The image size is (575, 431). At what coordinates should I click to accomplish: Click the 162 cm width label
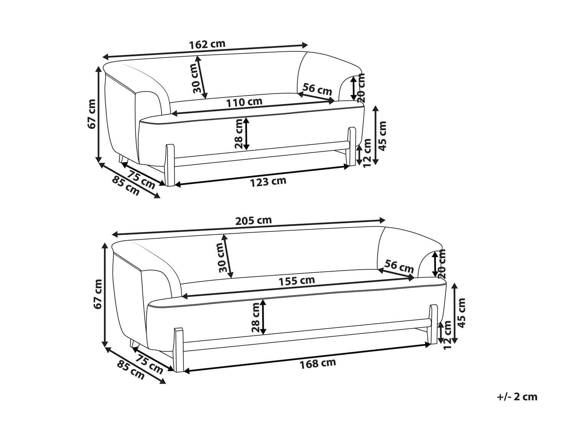coord(207,44)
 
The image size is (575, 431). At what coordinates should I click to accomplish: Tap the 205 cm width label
coord(253,220)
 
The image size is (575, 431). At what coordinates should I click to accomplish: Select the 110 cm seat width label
coord(244,102)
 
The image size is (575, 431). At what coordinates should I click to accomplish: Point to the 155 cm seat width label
coord(296,281)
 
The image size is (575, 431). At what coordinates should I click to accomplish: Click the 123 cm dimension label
coord(268,182)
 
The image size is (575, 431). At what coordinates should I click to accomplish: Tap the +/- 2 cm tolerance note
coord(517,397)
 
